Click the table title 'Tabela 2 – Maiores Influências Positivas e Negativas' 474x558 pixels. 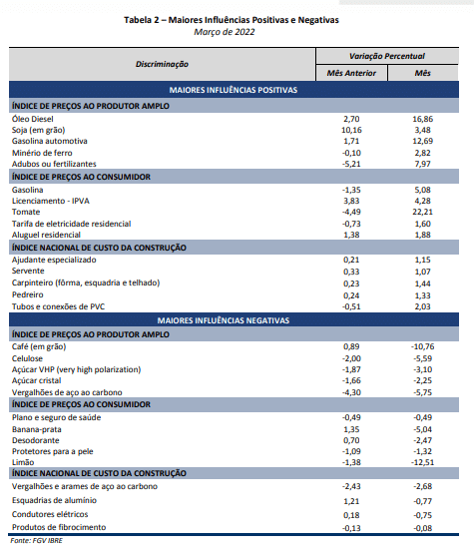coord(232,20)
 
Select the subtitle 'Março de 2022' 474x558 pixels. coord(225,32)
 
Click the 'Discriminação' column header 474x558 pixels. coord(162,64)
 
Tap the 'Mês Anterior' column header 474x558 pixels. coord(351,73)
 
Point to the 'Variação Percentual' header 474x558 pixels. coord(387,56)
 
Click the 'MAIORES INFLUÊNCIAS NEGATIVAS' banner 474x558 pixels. coord(224,320)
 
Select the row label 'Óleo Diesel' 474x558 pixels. coord(33,119)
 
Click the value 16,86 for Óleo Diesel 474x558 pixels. coord(423,119)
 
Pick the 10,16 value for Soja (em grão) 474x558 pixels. coord(351,130)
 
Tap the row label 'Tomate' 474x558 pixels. coord(26,212)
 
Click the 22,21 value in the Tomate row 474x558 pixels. coord(423,212)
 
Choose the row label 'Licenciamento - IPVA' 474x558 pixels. coord(51,201)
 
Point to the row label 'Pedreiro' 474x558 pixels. coord(28,294)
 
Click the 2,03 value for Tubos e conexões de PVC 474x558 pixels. coord(423,306)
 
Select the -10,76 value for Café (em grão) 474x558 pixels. coord(423,346)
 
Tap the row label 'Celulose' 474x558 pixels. coord(27,358)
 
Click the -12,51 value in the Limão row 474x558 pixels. coord(423,462)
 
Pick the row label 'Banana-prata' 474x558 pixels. coord(37,429)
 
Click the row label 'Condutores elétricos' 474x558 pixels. coord(50,514)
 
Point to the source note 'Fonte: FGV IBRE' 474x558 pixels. coord(36,541)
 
